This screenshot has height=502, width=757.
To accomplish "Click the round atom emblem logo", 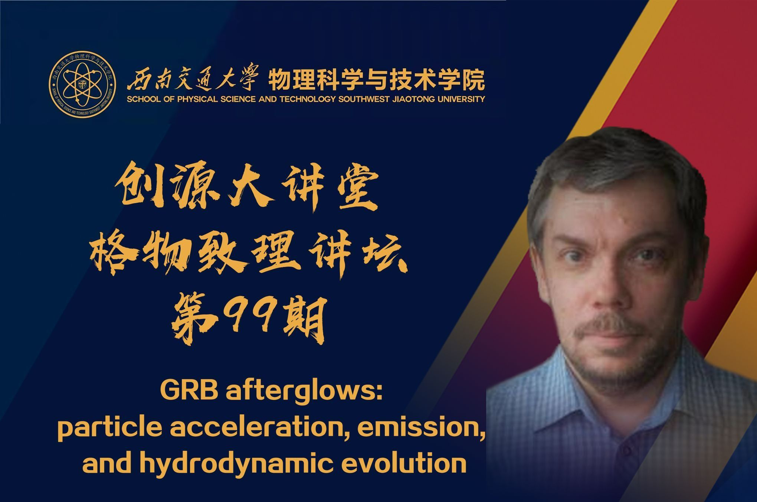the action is pos(82,84).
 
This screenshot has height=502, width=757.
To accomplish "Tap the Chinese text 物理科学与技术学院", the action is pos(376,79).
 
